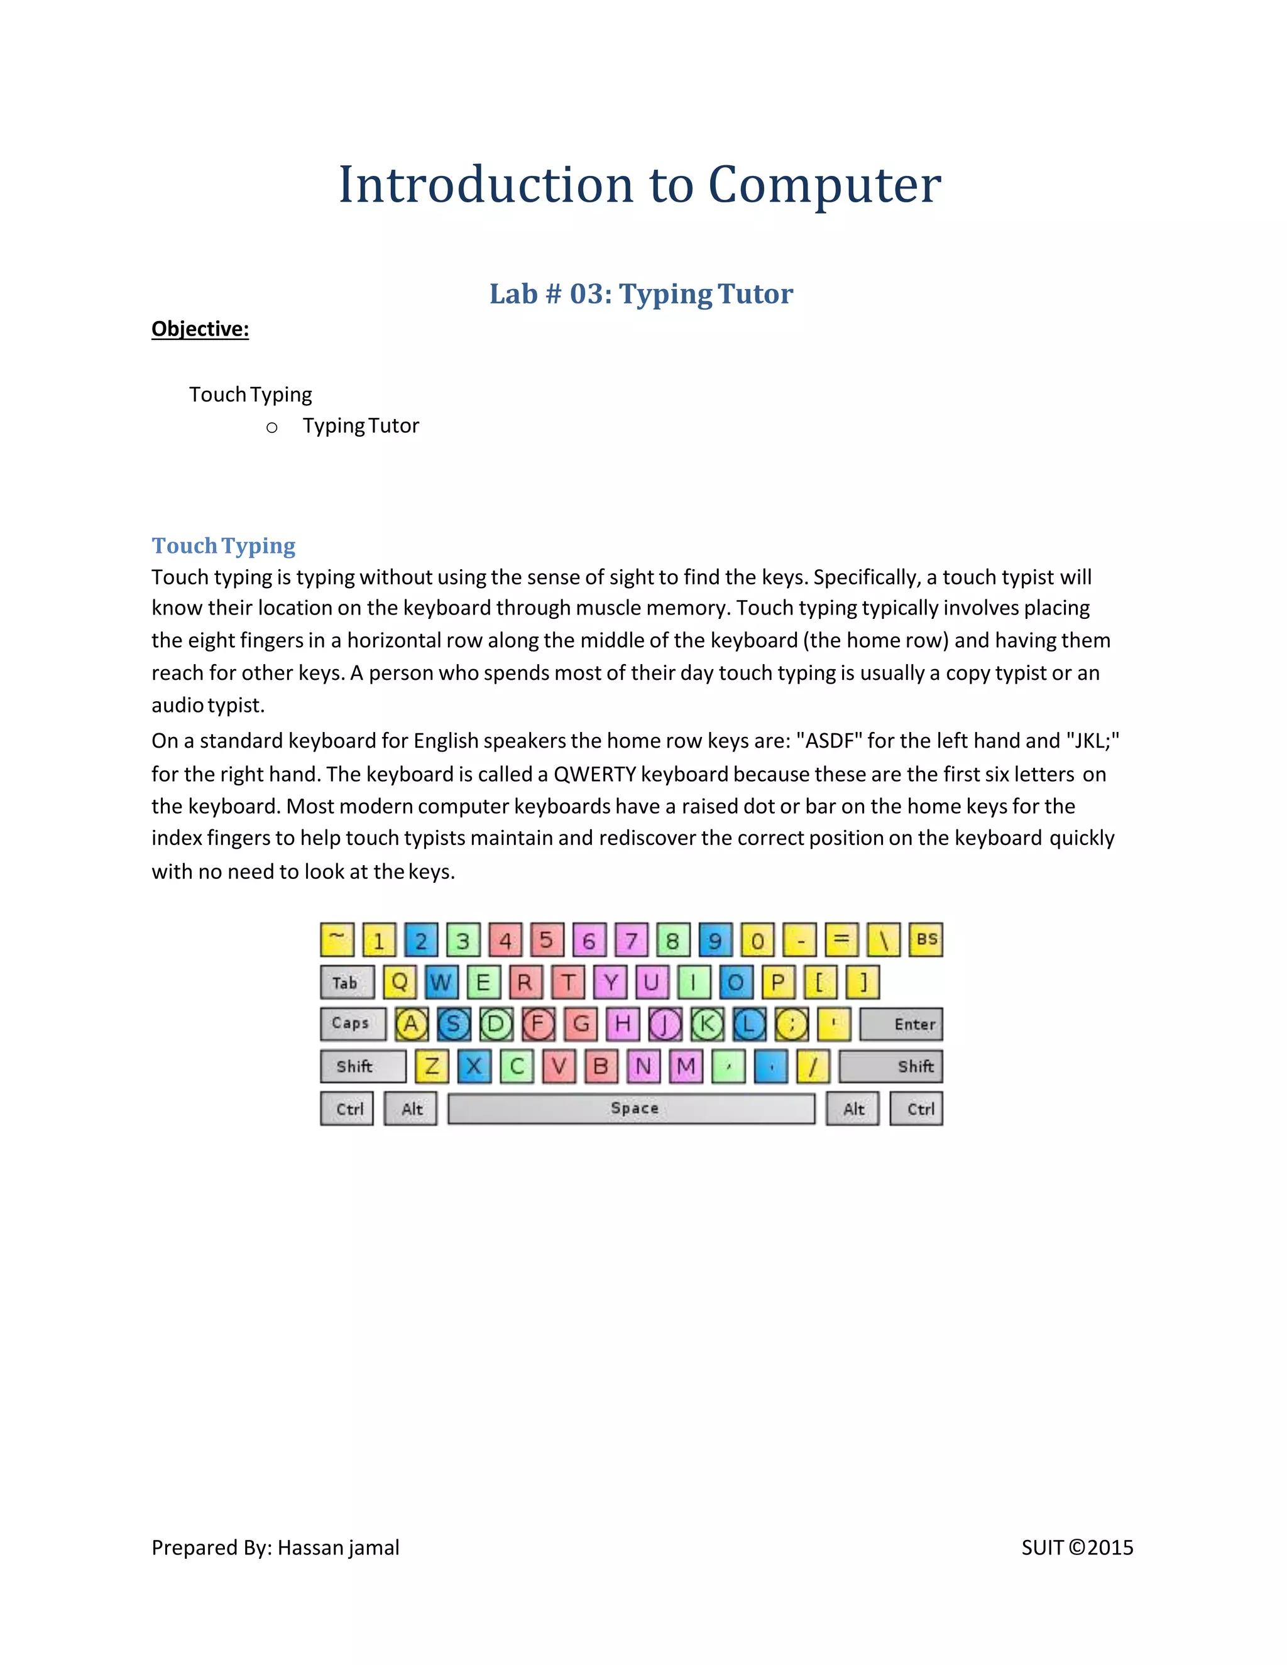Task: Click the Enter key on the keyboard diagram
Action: (x=901, y=1024)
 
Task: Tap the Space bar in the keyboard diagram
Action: (x=632, y=1108)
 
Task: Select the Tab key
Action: (x=347, y=982)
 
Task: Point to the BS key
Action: (x=926, y=939)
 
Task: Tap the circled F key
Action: (x=539, y=1024)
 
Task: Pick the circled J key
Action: (x=665, y=1024)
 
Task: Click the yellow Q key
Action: (x=400, y=982)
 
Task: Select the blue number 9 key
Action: (x=715, y=940)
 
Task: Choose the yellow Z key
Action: (x=432, y=1066)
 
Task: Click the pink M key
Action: (x=686, y=1066)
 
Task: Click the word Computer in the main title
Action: (x=824, y=185)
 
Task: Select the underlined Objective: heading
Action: (x=200, y=329)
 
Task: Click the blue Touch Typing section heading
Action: (x=223, y=546)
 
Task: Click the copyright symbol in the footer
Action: (x=1076, y=1548)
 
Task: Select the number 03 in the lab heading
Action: (x=587, y=294)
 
